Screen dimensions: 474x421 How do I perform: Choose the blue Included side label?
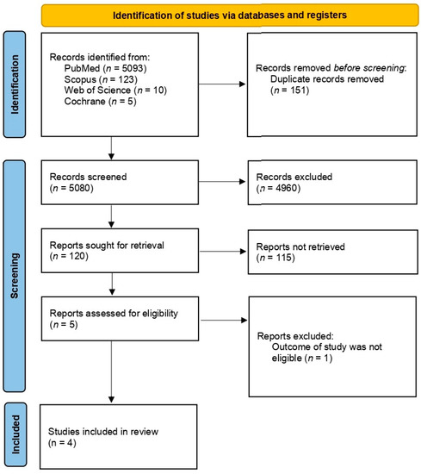15,437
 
